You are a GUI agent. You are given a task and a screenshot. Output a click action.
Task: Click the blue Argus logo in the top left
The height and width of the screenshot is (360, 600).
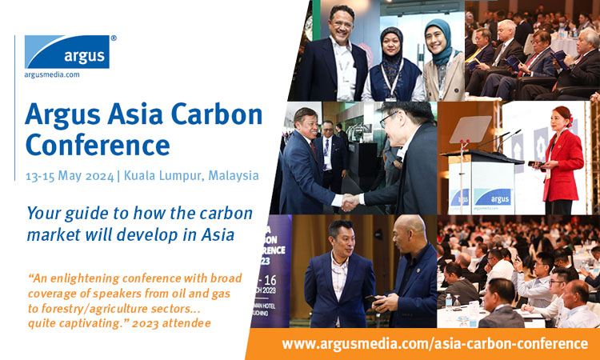click(x=67, y=52)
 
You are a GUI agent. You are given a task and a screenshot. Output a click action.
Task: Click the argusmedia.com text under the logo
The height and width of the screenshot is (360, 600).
click(x=52, y=74)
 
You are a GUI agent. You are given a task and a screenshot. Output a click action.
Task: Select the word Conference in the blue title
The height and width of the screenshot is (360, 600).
click(x=98, y=145)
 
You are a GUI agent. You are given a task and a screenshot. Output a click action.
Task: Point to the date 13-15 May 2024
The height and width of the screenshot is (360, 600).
click(x=70, y=176)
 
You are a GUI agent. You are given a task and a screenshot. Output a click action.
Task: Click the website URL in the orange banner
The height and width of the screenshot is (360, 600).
click(x=434, y=343)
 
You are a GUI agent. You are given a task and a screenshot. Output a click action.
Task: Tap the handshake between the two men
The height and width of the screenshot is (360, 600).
click(x=350, y=201)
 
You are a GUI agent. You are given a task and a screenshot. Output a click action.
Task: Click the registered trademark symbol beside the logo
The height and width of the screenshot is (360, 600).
click(x=114, y=38)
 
